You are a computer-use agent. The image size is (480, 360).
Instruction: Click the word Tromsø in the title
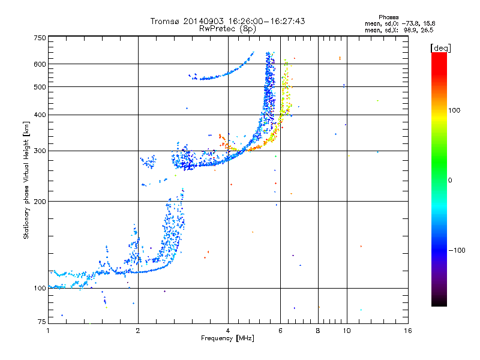tap(166, 21)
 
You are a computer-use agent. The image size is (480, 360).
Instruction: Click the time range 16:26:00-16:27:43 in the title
tap(266, 21)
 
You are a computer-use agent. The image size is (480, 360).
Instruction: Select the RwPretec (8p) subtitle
tap(227, 29)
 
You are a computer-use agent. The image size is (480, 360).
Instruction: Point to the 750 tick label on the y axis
tap(40, 38)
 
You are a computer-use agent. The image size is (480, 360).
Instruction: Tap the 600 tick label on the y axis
tap(40, 64)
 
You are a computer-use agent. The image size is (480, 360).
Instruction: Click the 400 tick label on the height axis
tap(40, 115)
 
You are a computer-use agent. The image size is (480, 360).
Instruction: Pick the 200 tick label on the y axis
tap(40, 202)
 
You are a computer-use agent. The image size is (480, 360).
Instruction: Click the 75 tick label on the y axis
tap(42, 322)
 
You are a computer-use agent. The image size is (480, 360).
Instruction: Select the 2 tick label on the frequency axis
tap(138, 331)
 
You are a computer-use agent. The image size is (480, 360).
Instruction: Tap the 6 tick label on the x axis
tap(280, 331)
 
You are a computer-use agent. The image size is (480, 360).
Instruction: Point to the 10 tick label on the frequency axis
tap(347, 331)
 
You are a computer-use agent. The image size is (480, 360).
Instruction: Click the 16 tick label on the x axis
tap(408, 331)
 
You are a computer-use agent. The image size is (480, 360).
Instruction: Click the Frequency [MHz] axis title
tap(227, 338)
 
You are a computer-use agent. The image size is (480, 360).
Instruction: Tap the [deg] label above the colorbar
tap(440, 48)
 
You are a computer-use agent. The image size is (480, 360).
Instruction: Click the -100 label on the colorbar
tap(457, 250)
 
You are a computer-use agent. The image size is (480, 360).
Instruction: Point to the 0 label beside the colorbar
tap(450, 181)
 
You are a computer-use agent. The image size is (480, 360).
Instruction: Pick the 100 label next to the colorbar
tap(454, 110)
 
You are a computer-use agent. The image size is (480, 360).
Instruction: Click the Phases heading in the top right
tap(388, 17)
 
